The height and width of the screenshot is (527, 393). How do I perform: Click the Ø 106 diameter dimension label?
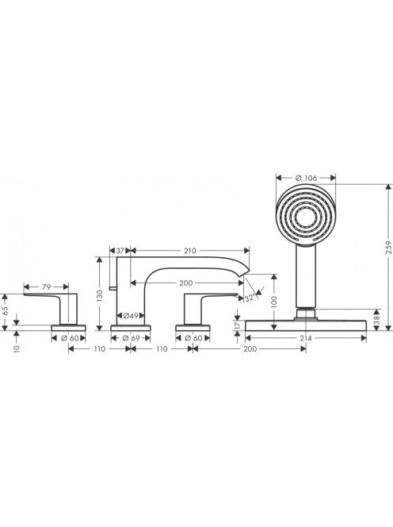click(x=306, y=178)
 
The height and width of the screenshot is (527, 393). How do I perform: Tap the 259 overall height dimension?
click(x=388, y=247)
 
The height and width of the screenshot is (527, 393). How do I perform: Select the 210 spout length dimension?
click(x=190, y=250)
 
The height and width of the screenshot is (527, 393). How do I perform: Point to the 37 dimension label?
click(x=120, y=250)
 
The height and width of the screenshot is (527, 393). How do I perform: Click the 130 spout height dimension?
click(x=99, y=295)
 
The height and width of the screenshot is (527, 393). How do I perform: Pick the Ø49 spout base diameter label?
click(x=131, y=316)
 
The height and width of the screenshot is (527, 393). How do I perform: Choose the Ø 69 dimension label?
click(x=131, y=338)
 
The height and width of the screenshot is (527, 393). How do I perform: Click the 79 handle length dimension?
click(x=46, y=287)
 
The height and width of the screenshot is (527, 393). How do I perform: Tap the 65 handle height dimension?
click(x=5, y=309)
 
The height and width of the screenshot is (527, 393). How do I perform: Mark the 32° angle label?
click(x=250, y=298)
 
